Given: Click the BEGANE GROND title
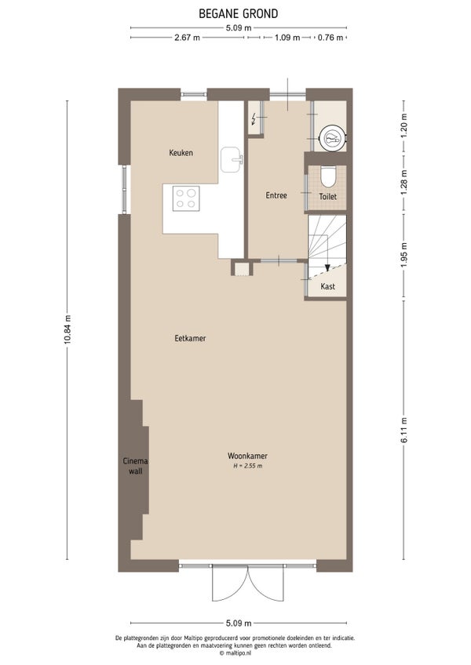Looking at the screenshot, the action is pyautogui.click(x=239, y=13).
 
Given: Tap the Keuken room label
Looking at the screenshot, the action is pyautogui.click(x=181, y=153).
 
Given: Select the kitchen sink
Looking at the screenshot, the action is pyautogui.click(x=231, y=159).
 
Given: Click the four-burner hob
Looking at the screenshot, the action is pyautogui.click(x=186, y=198).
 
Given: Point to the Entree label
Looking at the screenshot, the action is pyautogui.click(x=276, y=195).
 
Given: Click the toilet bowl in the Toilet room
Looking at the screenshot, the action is pyautogui.click(x=328, y=177).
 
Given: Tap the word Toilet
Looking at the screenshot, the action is pyautogui.click(x=328, y=197).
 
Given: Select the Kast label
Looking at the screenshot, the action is pyautogui.click(x=328, y=286).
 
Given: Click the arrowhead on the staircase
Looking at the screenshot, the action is pyautogui.click(x=327, y=267).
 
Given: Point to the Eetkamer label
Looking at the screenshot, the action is pyautogui.click(x=190, y=339).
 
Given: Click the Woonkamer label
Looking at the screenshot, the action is pyautogui.click(x=247, y=456).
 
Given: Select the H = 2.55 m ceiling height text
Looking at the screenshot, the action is pyautogui.click(x=247, y=466).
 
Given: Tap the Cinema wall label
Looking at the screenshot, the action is pyautogui.click(x=136, y=466).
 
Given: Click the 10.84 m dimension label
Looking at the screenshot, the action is pyautogui.click(x=67, y=330).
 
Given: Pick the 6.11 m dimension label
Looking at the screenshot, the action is pyautogui.click(x=404, y=431).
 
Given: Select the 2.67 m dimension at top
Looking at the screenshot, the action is pyautogui.click(x=187, y=38).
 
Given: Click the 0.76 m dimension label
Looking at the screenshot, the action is pyautogui.click(x=330, y=38).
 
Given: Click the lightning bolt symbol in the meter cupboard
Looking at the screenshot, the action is pyautogui.click(x=254, y=119).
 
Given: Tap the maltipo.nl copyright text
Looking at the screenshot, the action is pyautogui.click(x=235, y=653).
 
